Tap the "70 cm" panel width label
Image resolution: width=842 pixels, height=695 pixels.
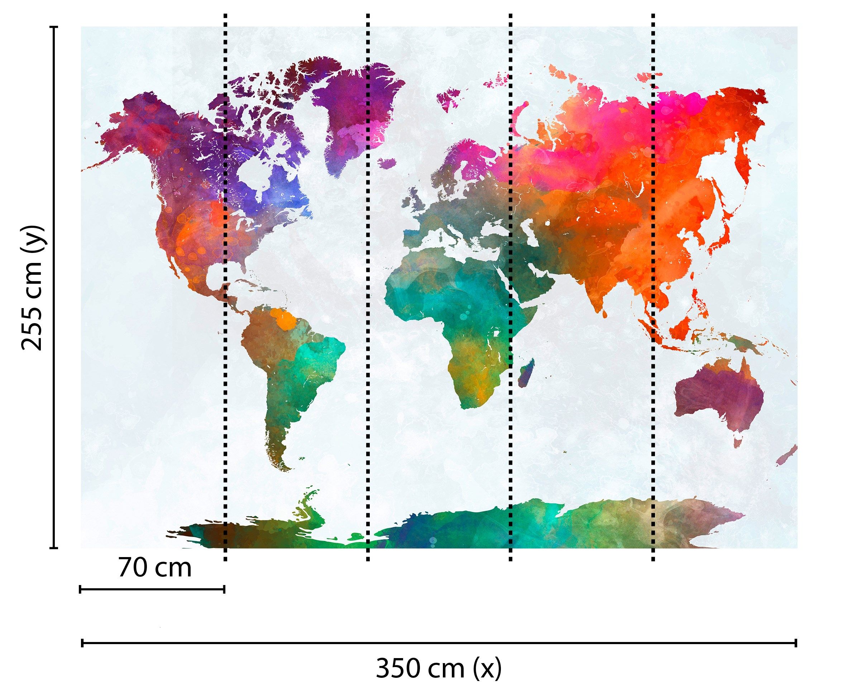[x=155, y=569]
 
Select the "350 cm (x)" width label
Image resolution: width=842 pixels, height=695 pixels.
[x=439, y=668]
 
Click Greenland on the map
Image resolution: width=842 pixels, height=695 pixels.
[x=352, y=116]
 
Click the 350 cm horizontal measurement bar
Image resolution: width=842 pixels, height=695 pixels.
[x=439, y=643]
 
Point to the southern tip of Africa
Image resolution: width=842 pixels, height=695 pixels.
[x=473, y=404]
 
